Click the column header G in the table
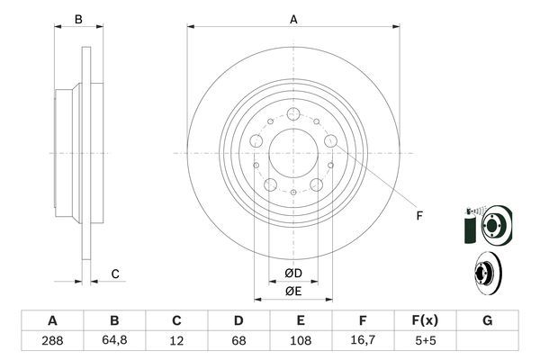point(487,321)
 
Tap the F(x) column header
point(425,321)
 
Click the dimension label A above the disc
point(293,19)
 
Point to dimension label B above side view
point(78,19)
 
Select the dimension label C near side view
point(115,274)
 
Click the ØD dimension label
point(293,273)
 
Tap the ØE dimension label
point(293,291)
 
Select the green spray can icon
point(469,226)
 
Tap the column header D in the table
point(238,321)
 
